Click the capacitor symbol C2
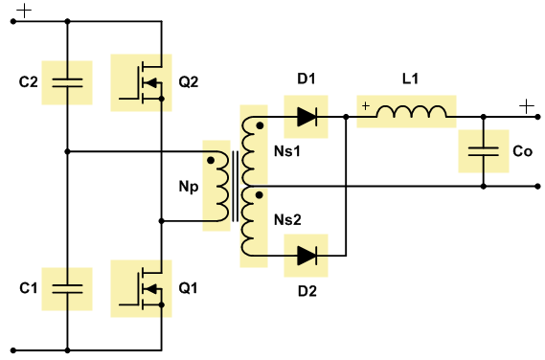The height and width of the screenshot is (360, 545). point(67,82)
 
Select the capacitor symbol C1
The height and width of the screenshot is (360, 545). point(67,289)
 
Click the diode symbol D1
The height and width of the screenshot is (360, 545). point(307,117)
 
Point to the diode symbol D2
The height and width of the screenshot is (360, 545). point(307,256)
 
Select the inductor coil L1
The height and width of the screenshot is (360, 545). point(412,112)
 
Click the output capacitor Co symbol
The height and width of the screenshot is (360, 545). point(484,151)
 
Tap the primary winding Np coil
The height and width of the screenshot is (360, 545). point(222,187)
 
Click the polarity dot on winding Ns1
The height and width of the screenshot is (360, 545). point(260,125)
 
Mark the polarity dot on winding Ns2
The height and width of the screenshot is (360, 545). point(259,195)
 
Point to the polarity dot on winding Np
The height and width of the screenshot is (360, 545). point(211,161)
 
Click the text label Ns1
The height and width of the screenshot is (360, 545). point(287,151)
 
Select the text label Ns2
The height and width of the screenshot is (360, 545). point(287,220)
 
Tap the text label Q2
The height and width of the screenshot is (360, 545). point(189,82)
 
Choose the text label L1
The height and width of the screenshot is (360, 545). point(411,79)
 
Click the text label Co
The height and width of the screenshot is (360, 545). point(522,151)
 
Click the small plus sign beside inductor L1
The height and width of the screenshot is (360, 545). point(366,105)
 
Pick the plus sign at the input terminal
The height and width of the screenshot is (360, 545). point(24,11)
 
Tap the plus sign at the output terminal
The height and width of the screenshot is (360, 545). point(527,106)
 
